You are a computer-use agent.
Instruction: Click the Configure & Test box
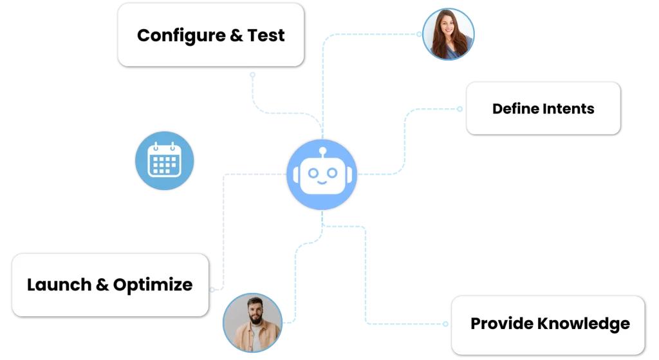point(210,35)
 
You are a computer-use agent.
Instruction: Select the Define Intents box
point(543,108)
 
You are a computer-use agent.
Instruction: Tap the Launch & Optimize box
point(109,285)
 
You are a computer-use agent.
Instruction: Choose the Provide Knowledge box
point(548,324)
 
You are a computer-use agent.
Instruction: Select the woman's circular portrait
point(448,33)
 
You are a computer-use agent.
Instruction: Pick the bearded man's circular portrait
point(252,323)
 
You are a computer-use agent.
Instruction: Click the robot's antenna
point(322,152)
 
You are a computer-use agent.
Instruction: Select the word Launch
point(59,285)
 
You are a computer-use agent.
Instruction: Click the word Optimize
point(153,285)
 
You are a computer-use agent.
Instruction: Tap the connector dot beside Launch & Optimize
point(213,290)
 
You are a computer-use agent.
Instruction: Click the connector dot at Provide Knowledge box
point(448,324)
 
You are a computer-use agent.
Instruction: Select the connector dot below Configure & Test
point(253,74)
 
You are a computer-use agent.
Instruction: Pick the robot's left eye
point(311,173)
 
